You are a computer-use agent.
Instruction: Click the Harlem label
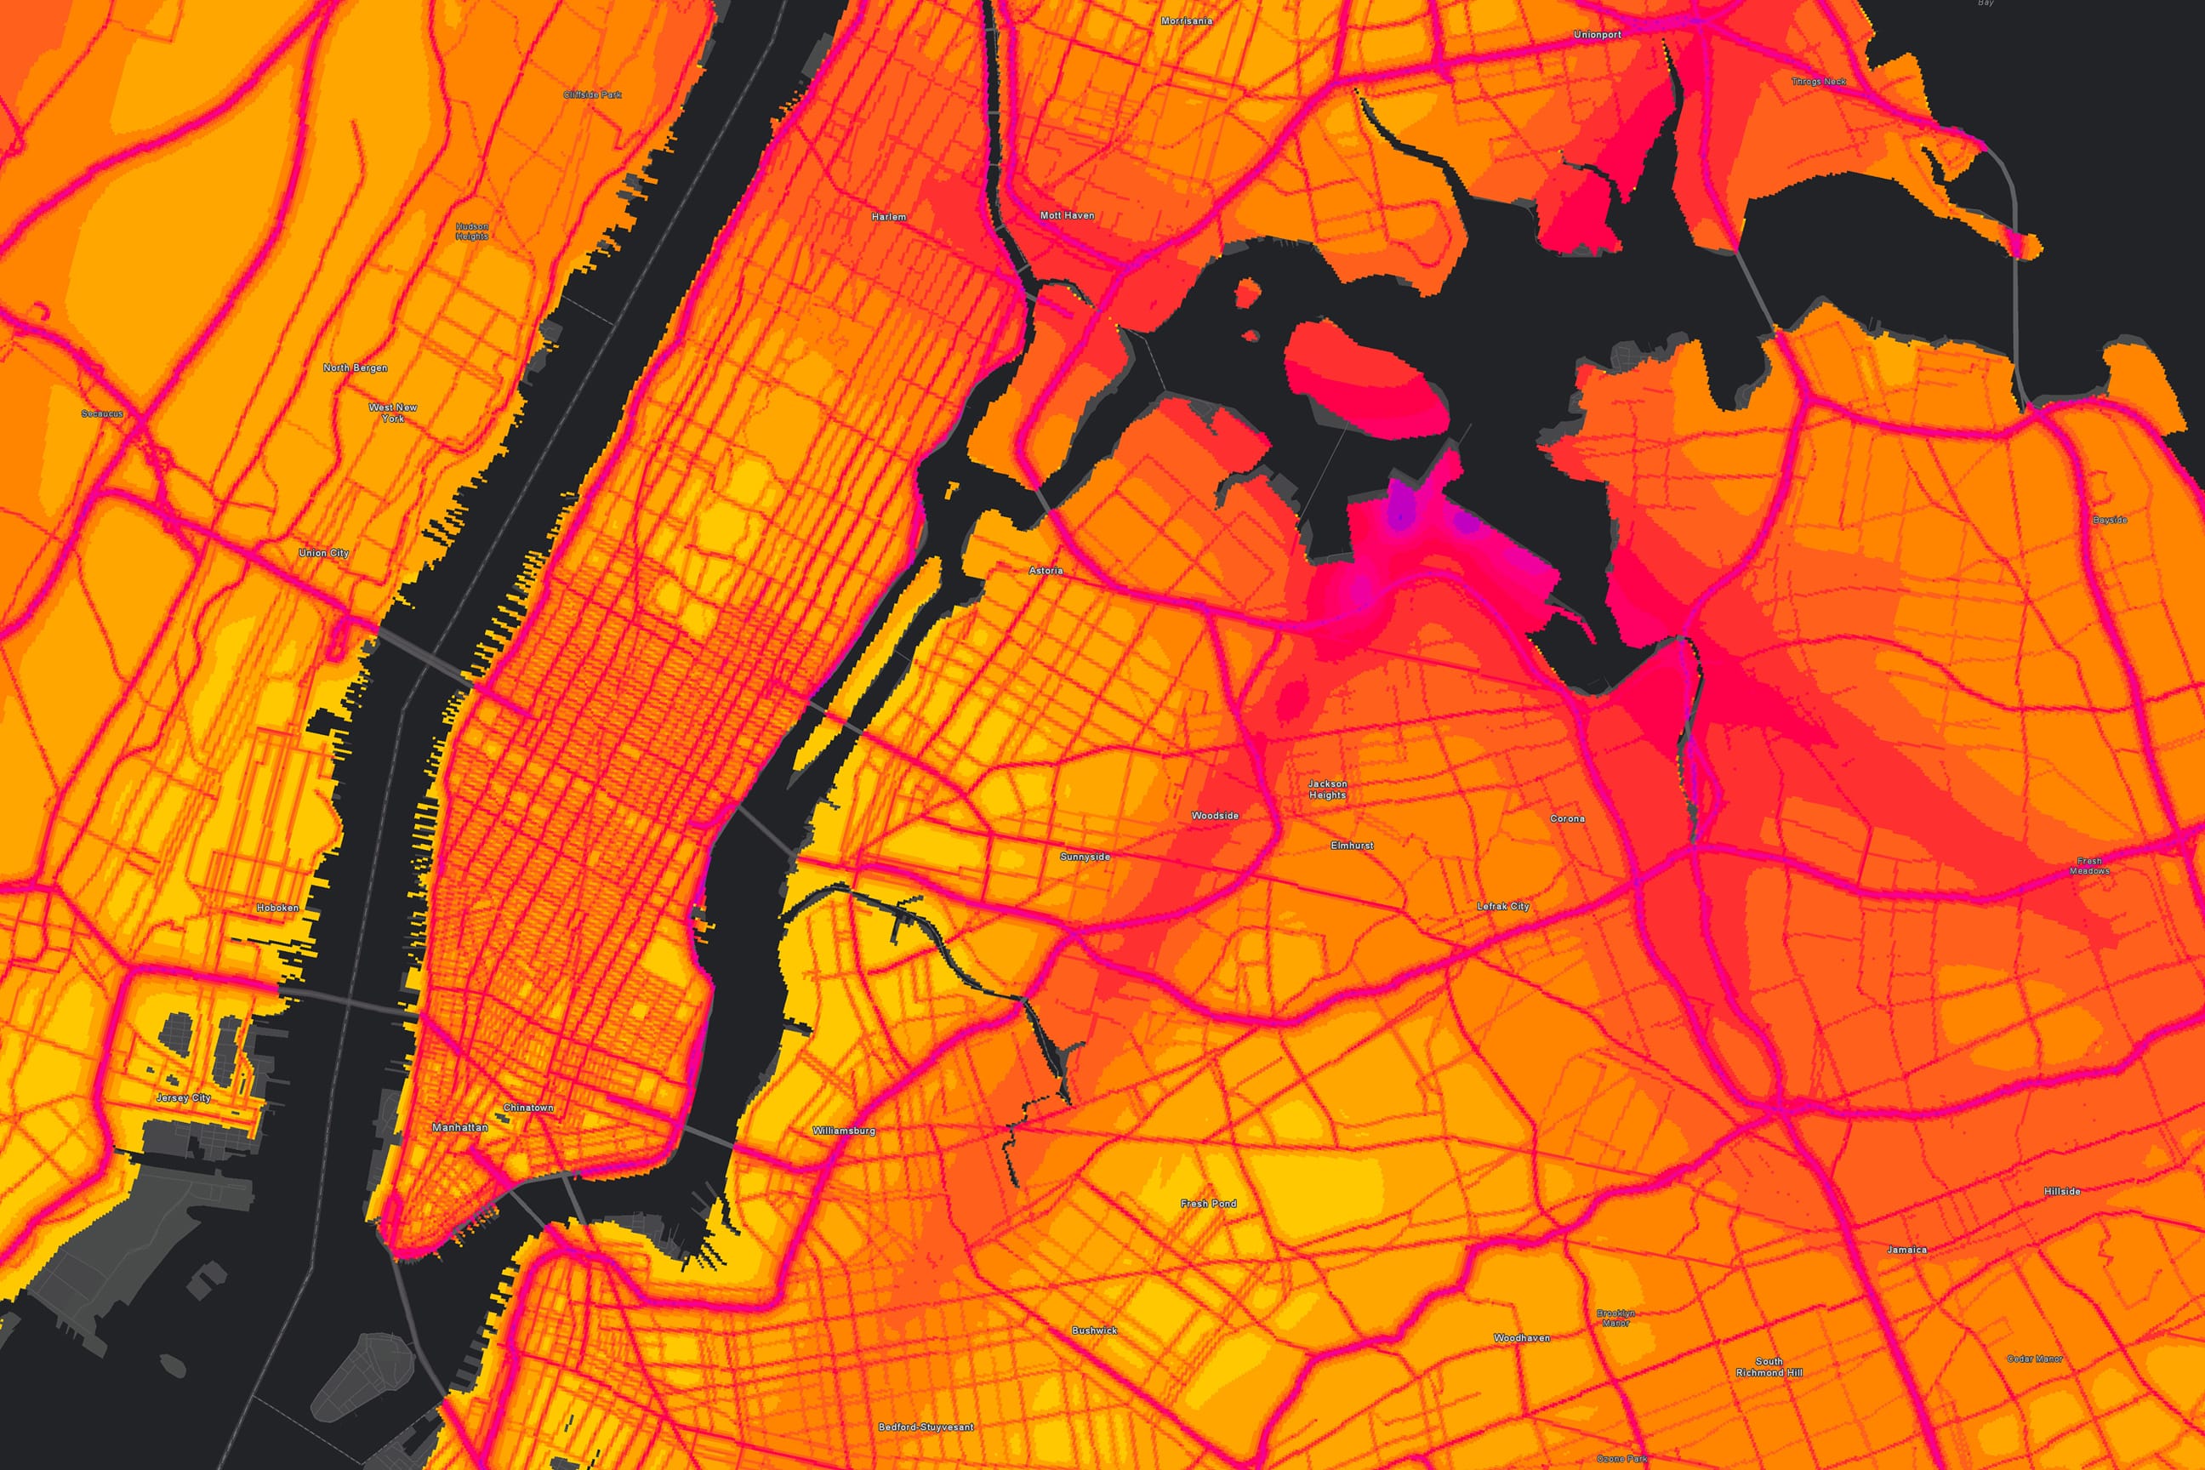coord(889,217)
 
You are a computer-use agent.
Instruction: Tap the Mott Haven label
coord(1067,215)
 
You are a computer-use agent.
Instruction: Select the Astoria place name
coord(1046,570)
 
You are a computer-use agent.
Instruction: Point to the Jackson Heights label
coord(1327,789)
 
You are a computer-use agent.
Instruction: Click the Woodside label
coord(1215,816)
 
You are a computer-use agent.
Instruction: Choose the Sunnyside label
coord(1085,857)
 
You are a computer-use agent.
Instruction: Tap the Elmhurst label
coord(1352,846)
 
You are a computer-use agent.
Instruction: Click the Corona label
coord(1568,818)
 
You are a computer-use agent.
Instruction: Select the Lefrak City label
coord(1503,907)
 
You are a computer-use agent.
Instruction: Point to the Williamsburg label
coord(844,1131)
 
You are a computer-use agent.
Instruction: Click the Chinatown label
coord(529,1108)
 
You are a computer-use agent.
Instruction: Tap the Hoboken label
coord(277,908)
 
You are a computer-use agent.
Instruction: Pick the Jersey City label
coord(184,1097)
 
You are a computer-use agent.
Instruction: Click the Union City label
coord(323,553)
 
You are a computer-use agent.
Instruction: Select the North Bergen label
coord(356,367)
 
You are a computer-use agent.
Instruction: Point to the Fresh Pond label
coord(1209,1203)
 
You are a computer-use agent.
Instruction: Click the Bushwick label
coord(1095,1330)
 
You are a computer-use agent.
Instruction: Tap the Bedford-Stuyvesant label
coord(926,1427)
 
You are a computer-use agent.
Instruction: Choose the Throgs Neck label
coord(1819,82)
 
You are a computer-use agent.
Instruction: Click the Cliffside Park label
coord(592,94)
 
